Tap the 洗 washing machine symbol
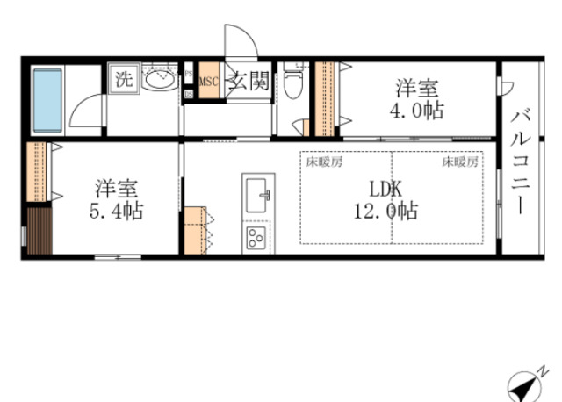tap(124, 77)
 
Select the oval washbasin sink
tap(160, 81)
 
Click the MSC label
tap(209, 83)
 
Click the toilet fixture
tap(295, 84)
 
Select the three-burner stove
tap(256, 236)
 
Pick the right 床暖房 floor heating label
tap(459, 162)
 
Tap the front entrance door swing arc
tap(239, 42)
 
